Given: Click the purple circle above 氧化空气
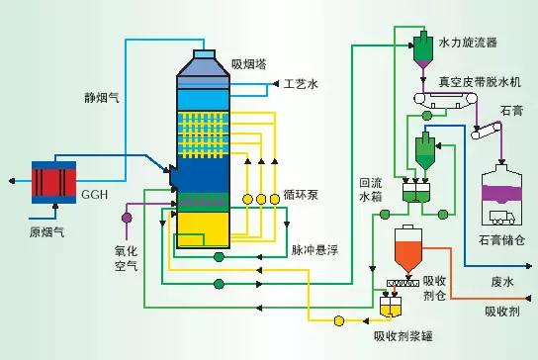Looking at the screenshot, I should pyautogui.click(x=126, y=215).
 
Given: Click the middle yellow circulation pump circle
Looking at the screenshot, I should pyautogui.click(x=261, y=199).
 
